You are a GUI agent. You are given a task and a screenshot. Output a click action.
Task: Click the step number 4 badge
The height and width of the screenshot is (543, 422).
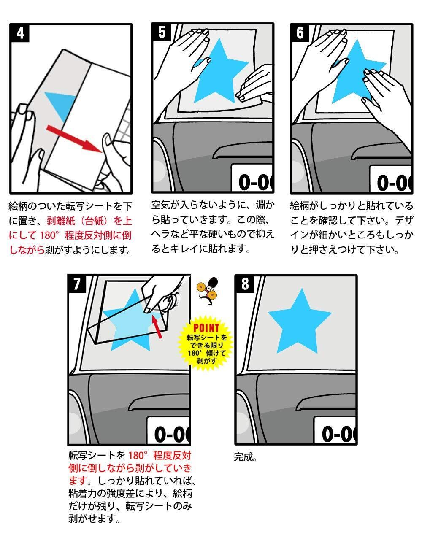(x=20, y=33)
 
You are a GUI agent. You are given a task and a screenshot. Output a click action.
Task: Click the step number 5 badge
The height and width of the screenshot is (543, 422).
(x=161, y=33)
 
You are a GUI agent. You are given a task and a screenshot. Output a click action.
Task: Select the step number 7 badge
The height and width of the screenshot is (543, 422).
(x=77, y=284)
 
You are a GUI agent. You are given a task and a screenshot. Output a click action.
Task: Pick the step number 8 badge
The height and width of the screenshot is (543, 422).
(x=245, y=284)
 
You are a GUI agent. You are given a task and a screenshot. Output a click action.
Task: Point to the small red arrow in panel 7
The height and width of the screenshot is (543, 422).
(x=157, y=326)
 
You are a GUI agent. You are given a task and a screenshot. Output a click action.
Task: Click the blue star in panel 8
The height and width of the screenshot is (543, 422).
(x=300, y=321)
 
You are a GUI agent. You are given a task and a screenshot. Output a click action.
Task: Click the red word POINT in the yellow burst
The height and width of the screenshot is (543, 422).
(x=206, y=328)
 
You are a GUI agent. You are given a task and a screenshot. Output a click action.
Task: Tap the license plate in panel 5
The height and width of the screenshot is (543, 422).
(x=252, y=178)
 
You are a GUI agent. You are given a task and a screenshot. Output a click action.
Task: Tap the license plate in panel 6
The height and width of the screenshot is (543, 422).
(x=390, y=179)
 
